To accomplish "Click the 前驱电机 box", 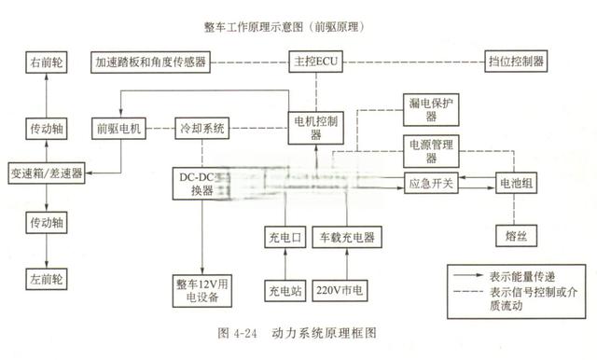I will [118, 129].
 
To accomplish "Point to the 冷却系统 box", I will [202, 129].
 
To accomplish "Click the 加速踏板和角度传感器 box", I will [150, 62].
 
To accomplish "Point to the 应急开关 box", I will [430, 183].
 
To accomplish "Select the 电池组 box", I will [516, 183].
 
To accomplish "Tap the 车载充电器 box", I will [346, 237].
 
